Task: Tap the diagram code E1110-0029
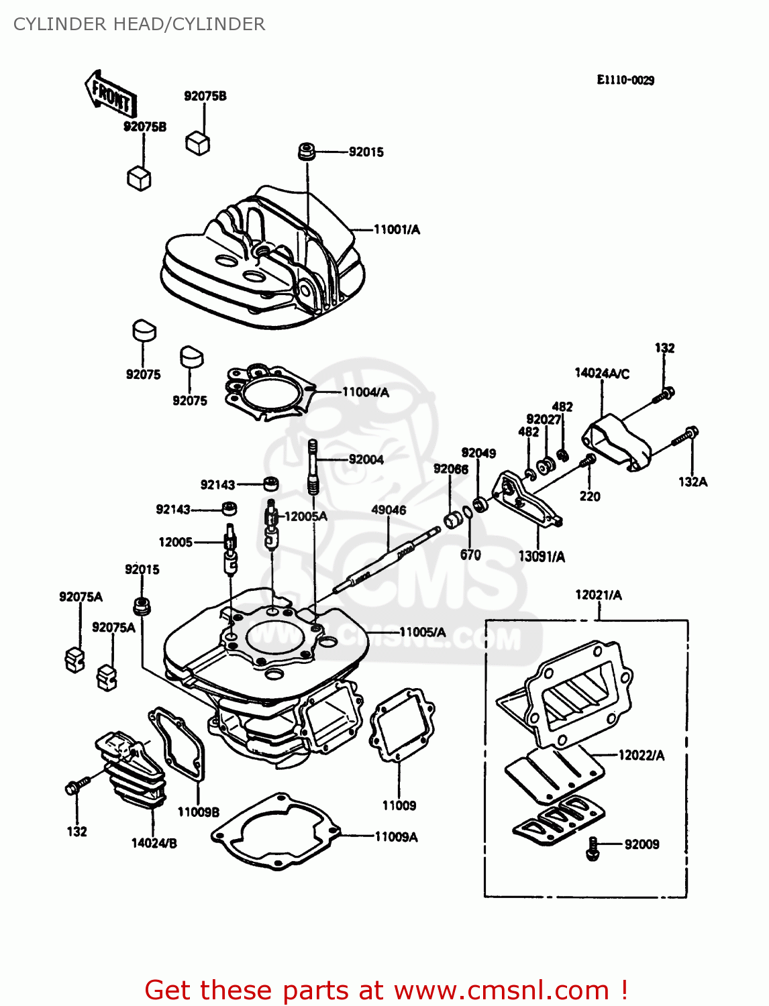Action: point(625,80)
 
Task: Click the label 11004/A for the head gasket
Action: point(366,392)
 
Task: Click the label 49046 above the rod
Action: point(389,510)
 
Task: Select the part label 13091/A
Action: point(542,557)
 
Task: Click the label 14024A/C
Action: point(602,374)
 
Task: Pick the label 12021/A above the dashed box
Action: point(599,595)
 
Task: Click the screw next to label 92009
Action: point(593,848)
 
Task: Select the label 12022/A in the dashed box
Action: point(641,756)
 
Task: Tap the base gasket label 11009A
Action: point(396,837)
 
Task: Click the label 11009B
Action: point(198,812)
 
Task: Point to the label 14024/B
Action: point(154,844)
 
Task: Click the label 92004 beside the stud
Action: point(366,459)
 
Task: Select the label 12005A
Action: point(306,516)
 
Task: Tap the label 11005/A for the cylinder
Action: point(422,632)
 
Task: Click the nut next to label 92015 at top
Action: point(307,152)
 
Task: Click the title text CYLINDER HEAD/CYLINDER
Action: point(139,24)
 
